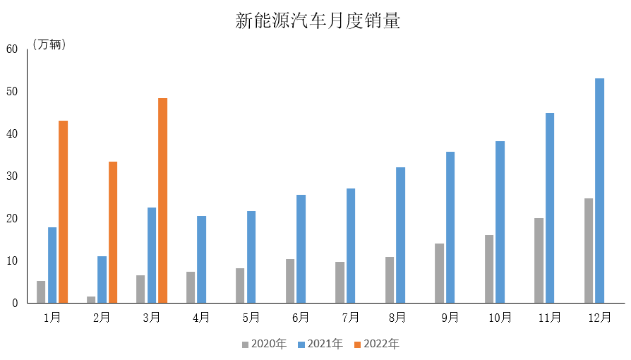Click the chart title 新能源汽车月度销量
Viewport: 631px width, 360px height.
[318, 21]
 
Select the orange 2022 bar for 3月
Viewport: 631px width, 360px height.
[162, 200]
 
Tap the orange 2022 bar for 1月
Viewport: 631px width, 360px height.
[63, 212]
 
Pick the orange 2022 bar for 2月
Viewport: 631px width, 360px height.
[113, 232]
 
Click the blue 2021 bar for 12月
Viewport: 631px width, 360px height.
[599, 191]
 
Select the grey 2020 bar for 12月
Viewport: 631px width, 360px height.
[589, 251]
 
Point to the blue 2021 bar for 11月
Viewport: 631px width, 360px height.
[550, 208]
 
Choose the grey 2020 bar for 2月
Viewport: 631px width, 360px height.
[91, 299]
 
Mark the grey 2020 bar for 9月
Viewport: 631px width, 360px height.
[439, 273]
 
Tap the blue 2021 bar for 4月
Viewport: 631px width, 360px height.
[201, 259]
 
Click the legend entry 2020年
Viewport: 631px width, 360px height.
[264, 344]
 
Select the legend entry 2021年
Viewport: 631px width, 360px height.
[320, 344]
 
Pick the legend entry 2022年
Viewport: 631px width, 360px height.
[376, 344]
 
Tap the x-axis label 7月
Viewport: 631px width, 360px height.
[350, 318]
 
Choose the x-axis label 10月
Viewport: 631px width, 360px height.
[500, 318]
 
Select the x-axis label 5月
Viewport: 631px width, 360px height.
[251, 318]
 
